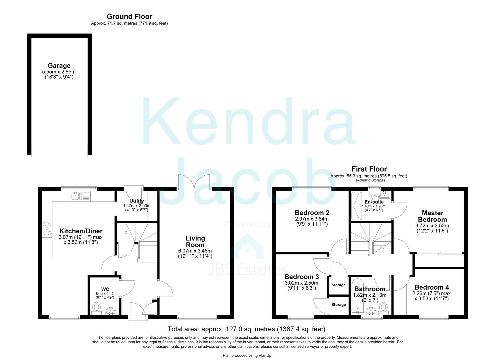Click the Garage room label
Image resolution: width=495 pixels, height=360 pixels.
pyautogui.click(x=59, y=66)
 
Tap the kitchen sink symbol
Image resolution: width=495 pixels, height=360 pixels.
pyautogui.click(x=80, y=196)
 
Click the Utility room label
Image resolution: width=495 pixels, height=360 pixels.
pyautogui.click(x=137, y=201)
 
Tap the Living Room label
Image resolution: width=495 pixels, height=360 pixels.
pyautogui.click(x=195, y=242)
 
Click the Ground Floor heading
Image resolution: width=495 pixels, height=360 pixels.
pyautogui.click(x=129, y=16)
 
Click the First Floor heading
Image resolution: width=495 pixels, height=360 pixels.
pyautogui.click(x=369, y=169)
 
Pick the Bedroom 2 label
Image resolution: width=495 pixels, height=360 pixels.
pyautogui.click(x=310, y=213)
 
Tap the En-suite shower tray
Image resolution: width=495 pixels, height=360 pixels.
pyautogui.click(x=355, y=207)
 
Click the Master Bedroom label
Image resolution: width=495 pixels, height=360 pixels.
pyautogui.click(x=432, y=216)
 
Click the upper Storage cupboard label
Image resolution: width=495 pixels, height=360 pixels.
pyautogui.click(x=338, y=285)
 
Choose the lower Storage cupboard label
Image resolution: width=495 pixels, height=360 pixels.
pyautogui.click(x=338, y=305)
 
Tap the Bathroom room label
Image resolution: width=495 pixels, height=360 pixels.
pyautogui.click(x=370, y=289)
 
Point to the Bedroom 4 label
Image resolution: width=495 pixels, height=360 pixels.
pyautogui.click(x=431, y=287)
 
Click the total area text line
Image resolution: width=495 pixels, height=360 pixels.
pyautogui.click(x=246, y=329)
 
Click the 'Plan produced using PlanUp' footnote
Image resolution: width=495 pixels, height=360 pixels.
pyautogui.click(x=247, y=356)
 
